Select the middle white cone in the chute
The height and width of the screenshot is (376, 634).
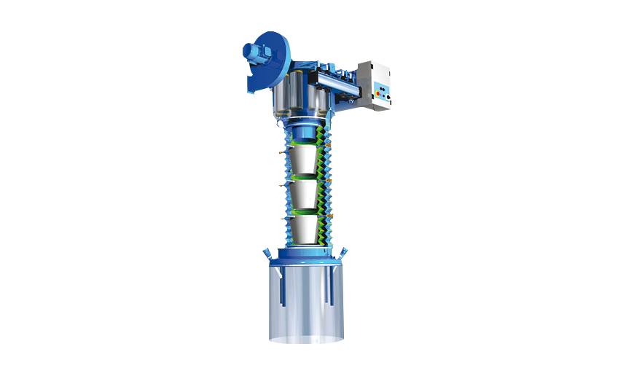coord(305,194)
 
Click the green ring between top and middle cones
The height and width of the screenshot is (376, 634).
coord(305,176)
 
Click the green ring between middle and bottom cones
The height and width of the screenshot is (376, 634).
coord(305,211)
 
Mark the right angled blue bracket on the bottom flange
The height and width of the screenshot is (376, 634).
coord(343,254)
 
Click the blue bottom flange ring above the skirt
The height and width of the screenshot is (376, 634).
coord(305,259)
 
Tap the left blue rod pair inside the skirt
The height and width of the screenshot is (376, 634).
coord(281,288)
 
